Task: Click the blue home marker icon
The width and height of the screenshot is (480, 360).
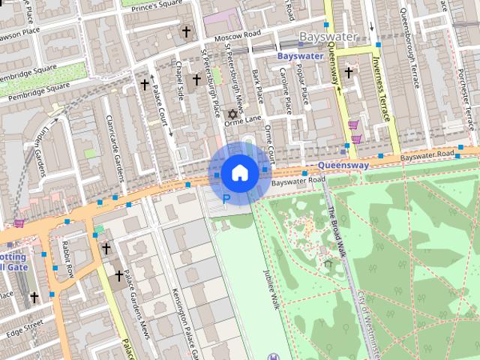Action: (239, 173)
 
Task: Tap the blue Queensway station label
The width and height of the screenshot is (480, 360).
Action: (343, 165)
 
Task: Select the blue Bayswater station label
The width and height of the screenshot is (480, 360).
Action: (300, 56)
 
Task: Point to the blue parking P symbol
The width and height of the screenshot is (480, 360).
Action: (227, 198)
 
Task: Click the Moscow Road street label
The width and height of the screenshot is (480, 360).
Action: (235, 35)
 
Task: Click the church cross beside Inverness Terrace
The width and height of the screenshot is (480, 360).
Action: (348, 73)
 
